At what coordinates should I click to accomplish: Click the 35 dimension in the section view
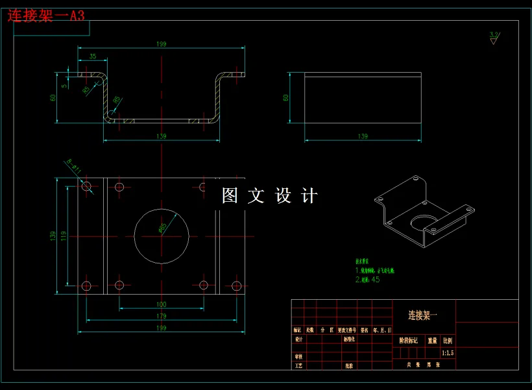(93, 57)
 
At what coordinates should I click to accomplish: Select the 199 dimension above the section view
(161, 44)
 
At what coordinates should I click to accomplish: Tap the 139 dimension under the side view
(363, 136)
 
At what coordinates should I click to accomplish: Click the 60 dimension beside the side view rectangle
(285, 97)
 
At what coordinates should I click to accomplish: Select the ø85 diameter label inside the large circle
(162, 228)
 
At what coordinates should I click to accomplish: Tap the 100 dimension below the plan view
(161, 304)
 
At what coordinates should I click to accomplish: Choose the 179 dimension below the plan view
(161, 316)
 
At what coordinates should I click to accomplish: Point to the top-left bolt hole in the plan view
(87, 186)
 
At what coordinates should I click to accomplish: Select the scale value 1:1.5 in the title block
(448, 353)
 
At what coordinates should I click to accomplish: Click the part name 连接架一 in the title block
(423, 315)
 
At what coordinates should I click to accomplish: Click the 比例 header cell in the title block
(448, 340)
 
